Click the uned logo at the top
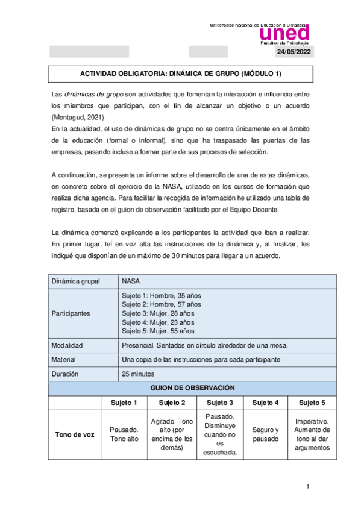(x=284, y=33)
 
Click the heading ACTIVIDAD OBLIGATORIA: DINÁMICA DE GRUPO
(x=181, y=74)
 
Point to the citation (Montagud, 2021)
(x=78, y=116)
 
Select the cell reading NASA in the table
(x=131, y=281)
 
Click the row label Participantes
(x=71, y=313)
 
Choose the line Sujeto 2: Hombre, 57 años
(x=161, y=304)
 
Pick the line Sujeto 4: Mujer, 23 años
(x=158, y=322)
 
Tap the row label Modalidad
(x=67, y=346)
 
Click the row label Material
(x=64, y=360)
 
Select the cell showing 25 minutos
(x=138, y=374)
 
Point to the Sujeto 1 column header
(x=124, y=403)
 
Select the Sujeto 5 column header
(x=312, y=403)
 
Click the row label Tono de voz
(x=75, y=434)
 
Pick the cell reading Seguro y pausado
(x=265, y=434)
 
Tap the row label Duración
(x=66, y=374)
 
